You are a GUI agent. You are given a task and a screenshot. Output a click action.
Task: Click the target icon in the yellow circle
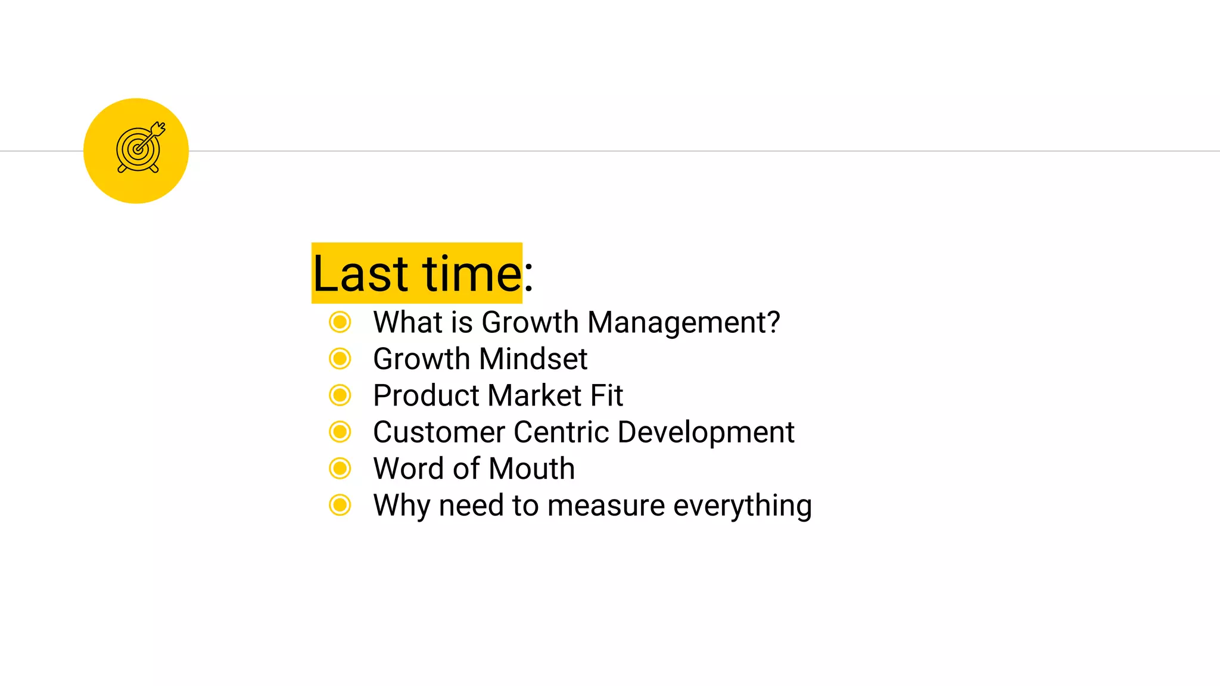pyautogui.click(x=139, y=149)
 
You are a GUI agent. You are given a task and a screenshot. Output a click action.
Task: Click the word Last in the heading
pyautogui.click(x=360, y=274)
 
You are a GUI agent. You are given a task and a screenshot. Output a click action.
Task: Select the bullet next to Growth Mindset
pyautogui.click(x=340, y=358)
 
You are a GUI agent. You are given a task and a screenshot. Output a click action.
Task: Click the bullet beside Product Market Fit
pyautogui.click(x=340, y=395)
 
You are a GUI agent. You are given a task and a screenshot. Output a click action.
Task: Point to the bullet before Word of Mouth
pyautogui.click(x=340, y=469)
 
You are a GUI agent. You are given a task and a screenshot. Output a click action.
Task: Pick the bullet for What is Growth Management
pyautogui.click(x=340, y=322)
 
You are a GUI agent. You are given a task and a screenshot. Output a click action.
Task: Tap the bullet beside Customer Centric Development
pyautogui.click(x=340, y=432)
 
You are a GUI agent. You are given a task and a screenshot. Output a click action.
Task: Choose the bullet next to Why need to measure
pyautogui.click(x=340, y=505)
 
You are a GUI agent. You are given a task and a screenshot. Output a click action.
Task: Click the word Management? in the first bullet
pyautogui.click(x=683, y=323)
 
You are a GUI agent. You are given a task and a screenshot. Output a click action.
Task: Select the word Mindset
pyautogui.click(x=533, y=359)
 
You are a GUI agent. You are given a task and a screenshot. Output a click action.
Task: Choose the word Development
pyautogui.click(x=706, y=432)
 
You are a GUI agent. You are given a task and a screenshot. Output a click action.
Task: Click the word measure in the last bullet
pyautogui.click(x=606, y=506)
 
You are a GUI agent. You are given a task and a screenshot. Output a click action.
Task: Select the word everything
pyautogui.click(x=742, y=506)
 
